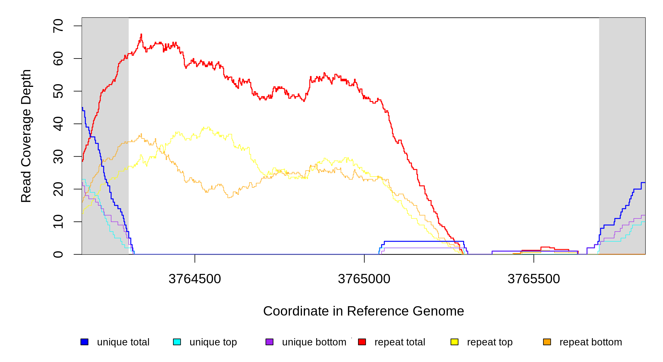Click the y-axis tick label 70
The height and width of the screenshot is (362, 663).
(x=58, y=26)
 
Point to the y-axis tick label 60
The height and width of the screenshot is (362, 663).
(x=58, y=59)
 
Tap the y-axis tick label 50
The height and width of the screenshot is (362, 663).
(x=58, y=91)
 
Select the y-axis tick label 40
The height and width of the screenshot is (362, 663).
(x=58, y=124)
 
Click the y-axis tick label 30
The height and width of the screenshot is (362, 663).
(x=58, y=156)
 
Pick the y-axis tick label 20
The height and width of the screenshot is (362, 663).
(x=58, y=189)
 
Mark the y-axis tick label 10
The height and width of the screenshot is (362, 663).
(x=58, y=222)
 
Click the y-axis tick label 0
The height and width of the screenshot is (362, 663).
(x=58, y=254)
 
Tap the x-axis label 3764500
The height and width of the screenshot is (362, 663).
(x=195, y=279)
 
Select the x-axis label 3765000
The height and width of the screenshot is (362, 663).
(x=364, y=279)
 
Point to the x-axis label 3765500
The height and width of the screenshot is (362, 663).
(x=533, y=279)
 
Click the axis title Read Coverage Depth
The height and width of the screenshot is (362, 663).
(x=26, y=136)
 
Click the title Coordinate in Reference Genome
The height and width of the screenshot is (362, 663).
(x=363, y=311)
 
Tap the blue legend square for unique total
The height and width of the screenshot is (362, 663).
(x=84, y=342)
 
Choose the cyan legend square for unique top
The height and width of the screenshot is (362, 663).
(x=177, y=342)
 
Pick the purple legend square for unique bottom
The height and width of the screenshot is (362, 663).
(x=269, y=342)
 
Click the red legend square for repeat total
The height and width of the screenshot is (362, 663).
(x=362, y=342)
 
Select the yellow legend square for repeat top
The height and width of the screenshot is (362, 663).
(x=454, y=342)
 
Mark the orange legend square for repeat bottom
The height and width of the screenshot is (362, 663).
(x=547, y=342)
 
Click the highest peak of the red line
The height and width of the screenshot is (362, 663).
(x=141, y=34)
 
